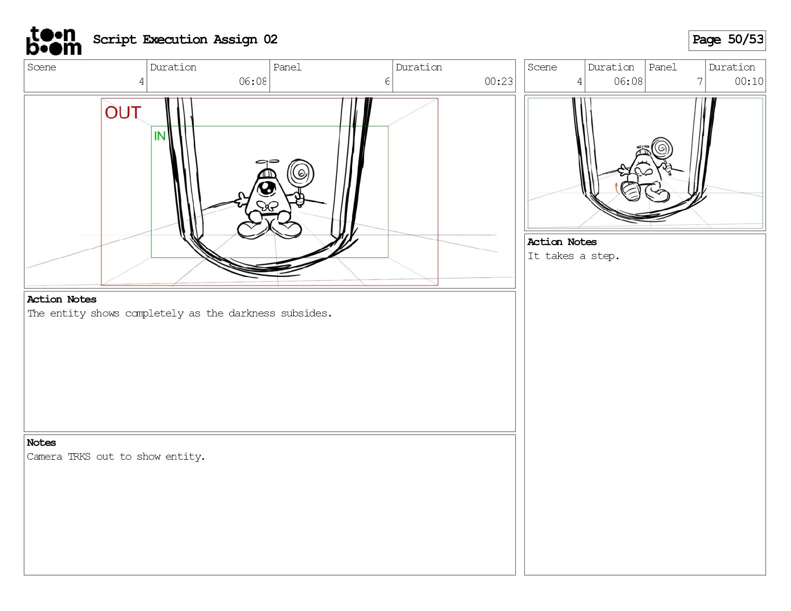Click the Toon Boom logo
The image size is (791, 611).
[x=54, y=41]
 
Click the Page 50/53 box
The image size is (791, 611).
[x=727, y=40]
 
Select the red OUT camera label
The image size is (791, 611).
[x=123, y=112]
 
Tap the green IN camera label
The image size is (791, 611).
[x=159, y=136]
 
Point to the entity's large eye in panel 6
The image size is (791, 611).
[x=267, y=188]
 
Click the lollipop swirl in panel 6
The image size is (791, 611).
[x=301, y=173]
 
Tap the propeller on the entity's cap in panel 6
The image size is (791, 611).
[x=268, y=161]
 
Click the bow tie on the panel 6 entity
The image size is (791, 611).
[x=268, y=206]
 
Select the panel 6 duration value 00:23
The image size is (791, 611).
[x=498, y=81]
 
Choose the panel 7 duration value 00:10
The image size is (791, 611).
[x=749, y=81]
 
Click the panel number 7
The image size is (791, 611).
[x=699, y=81]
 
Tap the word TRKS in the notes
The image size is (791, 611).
[x=79, y=456]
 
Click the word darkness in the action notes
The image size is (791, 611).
[x=252, y=313]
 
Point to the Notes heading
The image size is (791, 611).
[x=41, y=442]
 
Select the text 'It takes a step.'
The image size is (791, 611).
[x=573, y=256]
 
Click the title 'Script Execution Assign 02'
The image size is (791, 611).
[x=185, y=39]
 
